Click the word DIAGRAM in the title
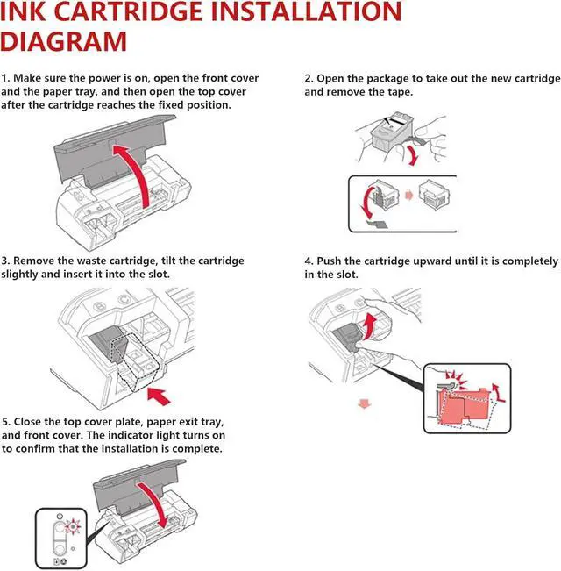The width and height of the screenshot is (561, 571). pyautogui.click(x=63, y=42)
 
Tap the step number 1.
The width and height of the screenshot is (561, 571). pyautogui.click(x=4, y=79)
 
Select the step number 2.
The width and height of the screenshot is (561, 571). pyautogui.click(x=309, y=79)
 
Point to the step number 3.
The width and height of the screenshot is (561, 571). pyautogui.click(x=4, y=261)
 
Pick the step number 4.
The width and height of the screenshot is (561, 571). pyautogui.click(x=309, y=261)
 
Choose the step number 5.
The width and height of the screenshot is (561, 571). pyautogui.click(x=4, y=423)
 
